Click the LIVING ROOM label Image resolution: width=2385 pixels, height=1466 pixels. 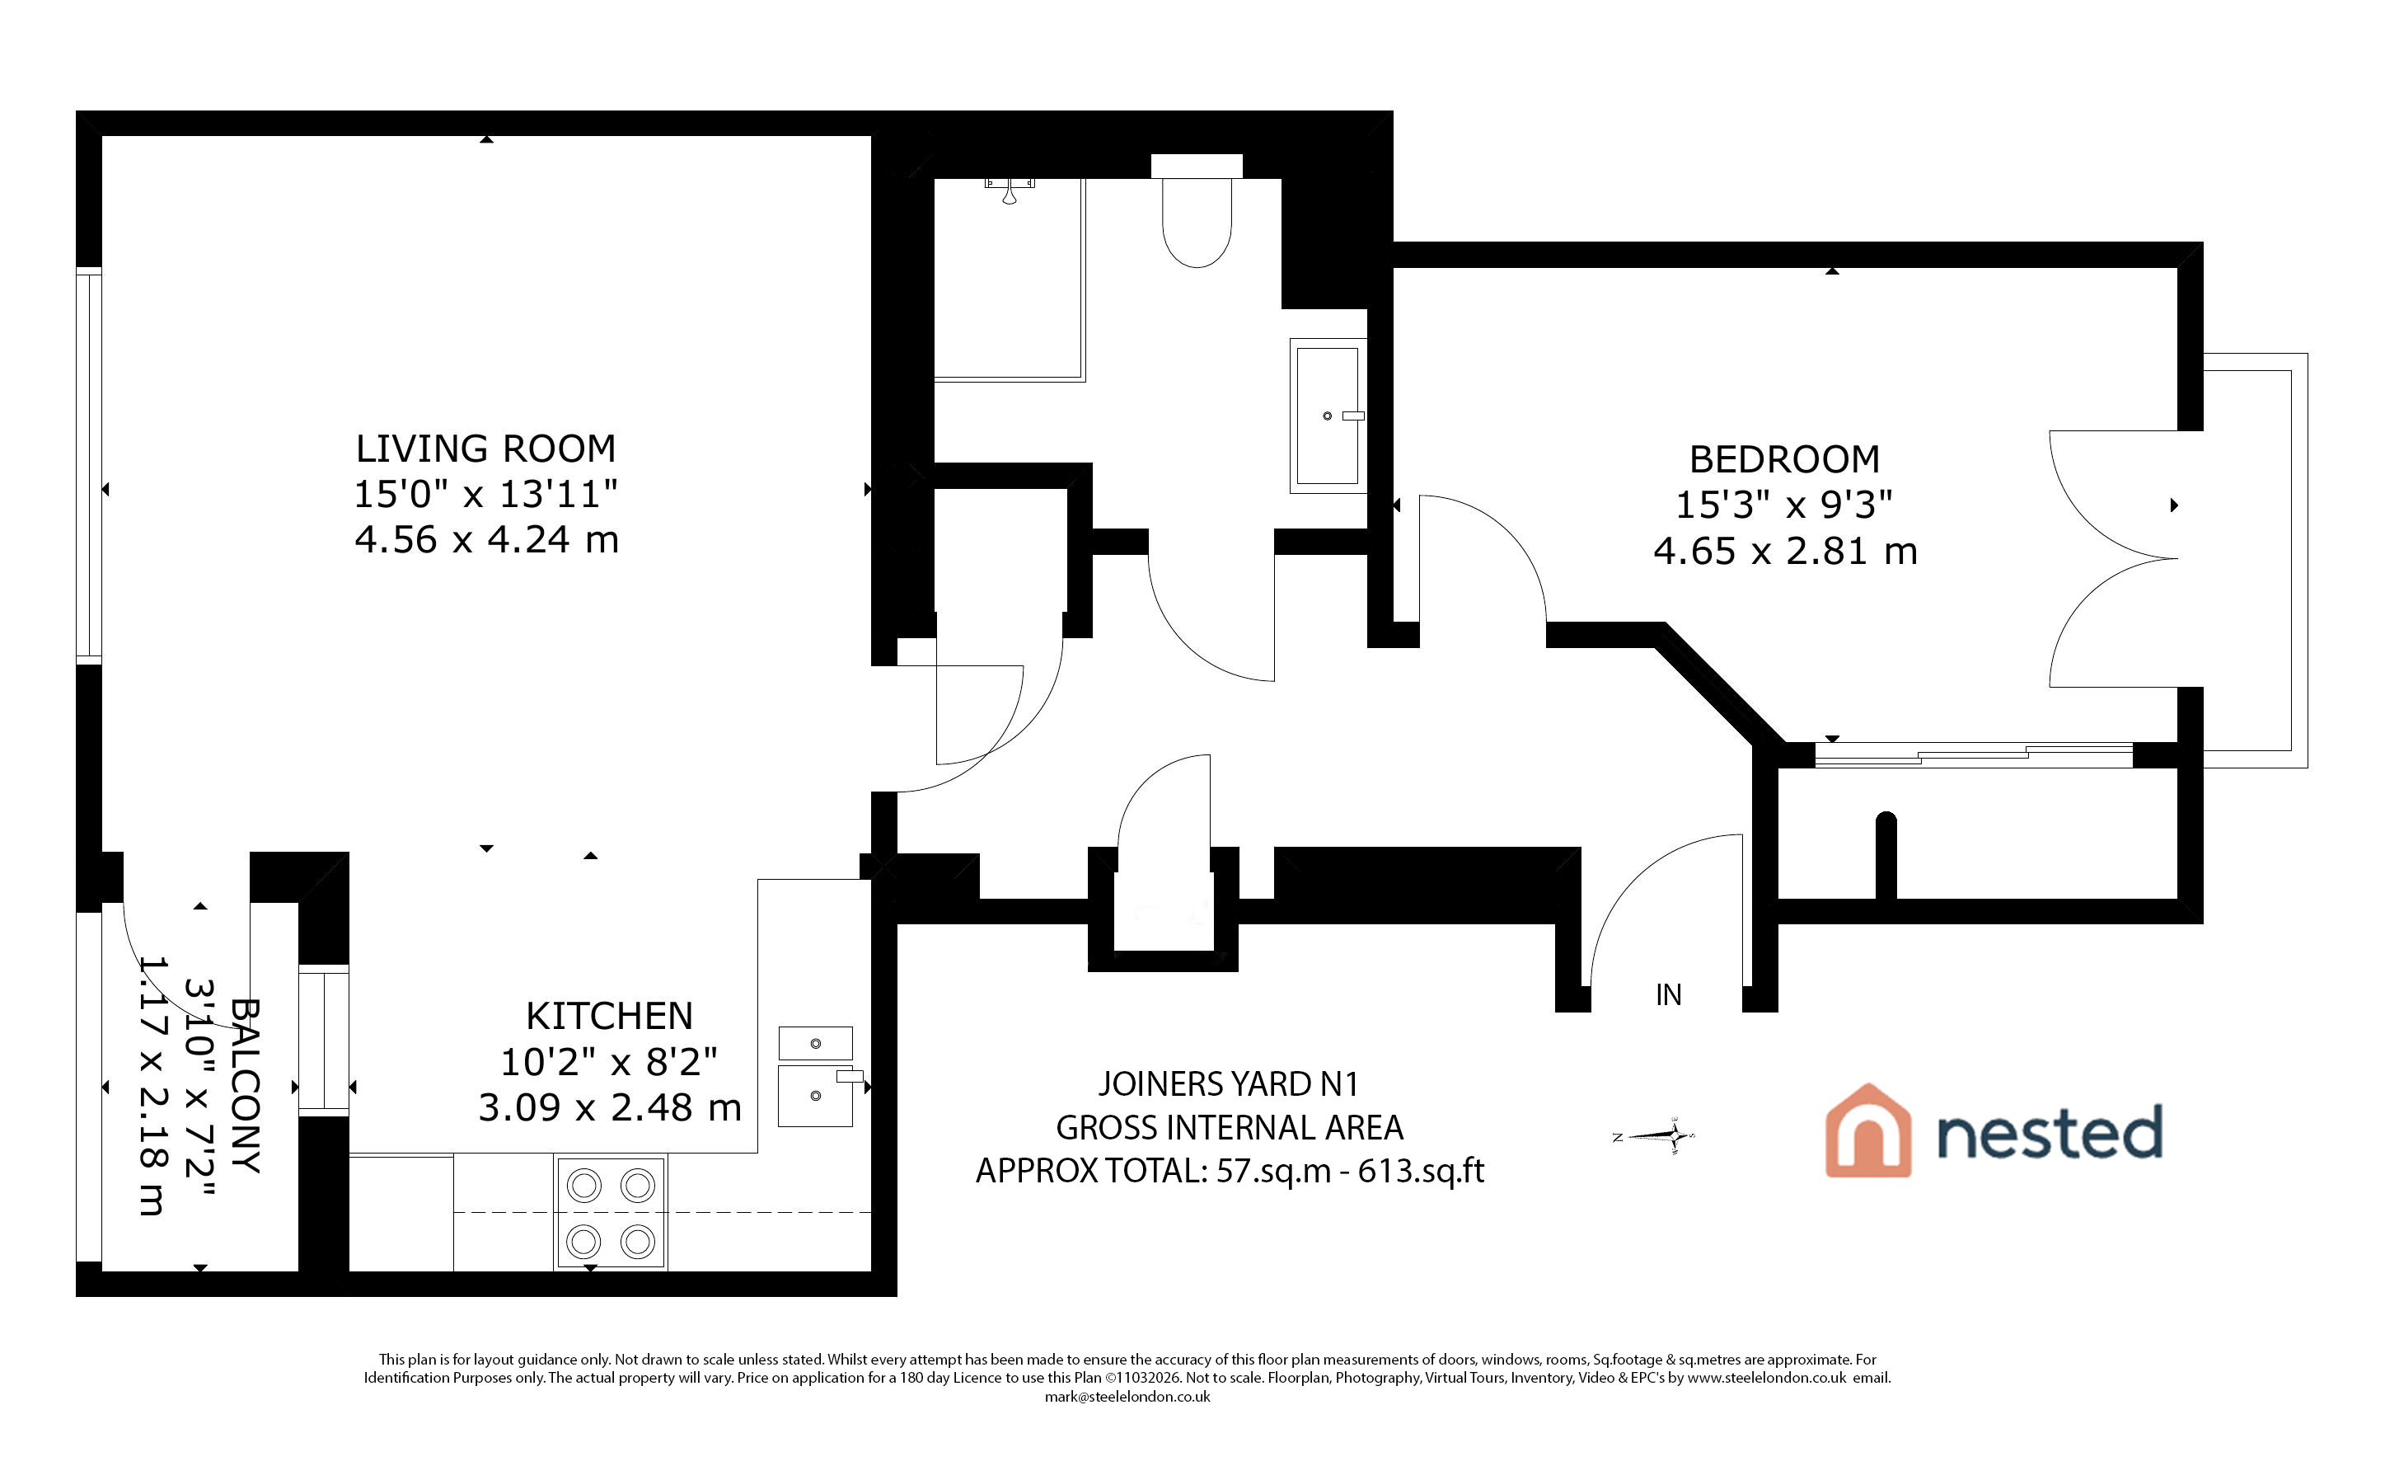pyautogui.click(x=485, y=449)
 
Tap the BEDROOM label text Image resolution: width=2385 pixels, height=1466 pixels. pyautogui.click(x=1784, y=458)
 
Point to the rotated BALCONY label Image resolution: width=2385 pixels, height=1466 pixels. pyautogui.click(x=246, y=1086)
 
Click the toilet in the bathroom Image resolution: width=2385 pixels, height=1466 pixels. pyautogui.click(x=1197, y=210)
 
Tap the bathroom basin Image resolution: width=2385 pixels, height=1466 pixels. pyautogui.click(x=1328, y=416)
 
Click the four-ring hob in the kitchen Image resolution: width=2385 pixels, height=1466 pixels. pyautogui.click(x=611, y=1213)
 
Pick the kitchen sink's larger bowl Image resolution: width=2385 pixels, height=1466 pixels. pyautogui.click(x=815, y=1096)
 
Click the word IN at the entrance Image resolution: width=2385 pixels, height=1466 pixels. pyautogui.click(x=1668, y=994)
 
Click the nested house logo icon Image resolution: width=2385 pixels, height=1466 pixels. pyautogui.click(x=1867, y=1130)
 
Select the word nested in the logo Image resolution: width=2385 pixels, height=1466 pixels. pyautogui.click(x=2050, y=1131)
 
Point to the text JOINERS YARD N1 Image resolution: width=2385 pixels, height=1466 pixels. pyautogui.click(x=1228, y=1083)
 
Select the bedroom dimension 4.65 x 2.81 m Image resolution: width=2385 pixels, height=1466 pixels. pyautogui.click(x=1785, y=551)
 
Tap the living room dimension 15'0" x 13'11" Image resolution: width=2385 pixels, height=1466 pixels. pyautogui.click(x=485, y=494)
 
